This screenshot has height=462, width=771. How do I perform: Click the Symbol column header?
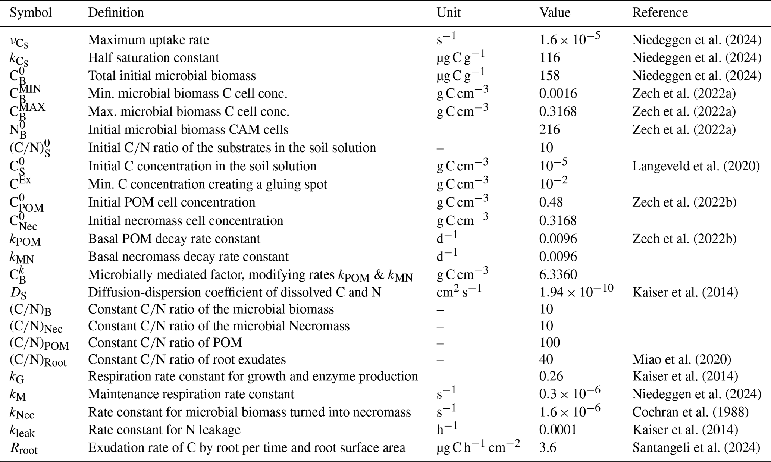pyautogui.click(x=31, y=13)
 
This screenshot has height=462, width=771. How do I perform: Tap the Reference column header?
pyautogui.click(x=660, y=13)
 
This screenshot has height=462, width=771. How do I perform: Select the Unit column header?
pyautogui.click(x=448, y=13)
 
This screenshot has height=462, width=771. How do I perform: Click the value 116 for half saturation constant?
pyautogui.click(x=549, y=57)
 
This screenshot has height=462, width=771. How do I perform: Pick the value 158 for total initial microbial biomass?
pyautogui.click(x=549, y=76)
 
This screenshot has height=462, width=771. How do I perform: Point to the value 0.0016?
pyautogui.click(x=558, y=93)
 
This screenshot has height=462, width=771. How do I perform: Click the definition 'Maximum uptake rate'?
pyautogui.click(x=148, y=40)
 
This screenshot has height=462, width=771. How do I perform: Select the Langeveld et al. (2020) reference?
pyautogui.click(x=696, y=166)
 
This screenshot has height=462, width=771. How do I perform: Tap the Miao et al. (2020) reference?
pyautogui.click(x=681, y=359)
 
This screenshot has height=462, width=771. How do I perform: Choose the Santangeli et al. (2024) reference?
pyautogui.click(x=696, y=447)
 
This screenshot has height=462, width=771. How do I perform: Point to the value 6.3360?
pyautogui.click(x=558, y=274)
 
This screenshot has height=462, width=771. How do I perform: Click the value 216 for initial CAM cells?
pyautogui.click(x=549, y=130)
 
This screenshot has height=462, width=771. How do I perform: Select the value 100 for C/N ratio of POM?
pyautogui.click(x=549, y=343)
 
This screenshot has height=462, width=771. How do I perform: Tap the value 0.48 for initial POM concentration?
pyautogui.click(x=551, y=202)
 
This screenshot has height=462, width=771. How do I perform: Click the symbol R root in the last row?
pyautogui.click(x=23, y=448)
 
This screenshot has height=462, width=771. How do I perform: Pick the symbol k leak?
pyautogui.click(x=22, y=431)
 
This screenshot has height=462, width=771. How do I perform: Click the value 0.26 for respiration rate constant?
pyautogui.click(x=551, y=376)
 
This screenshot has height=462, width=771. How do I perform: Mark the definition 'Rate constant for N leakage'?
pyautogui.click(x=164, y=430)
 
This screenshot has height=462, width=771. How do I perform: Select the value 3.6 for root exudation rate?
pyautogui.click(x=548, y=447)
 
